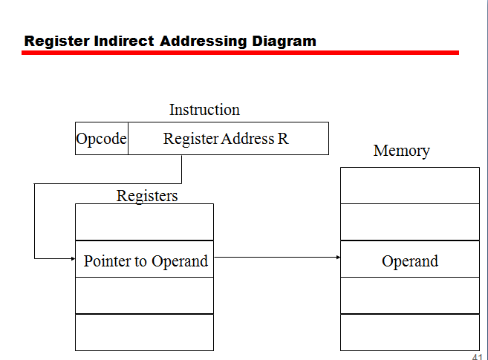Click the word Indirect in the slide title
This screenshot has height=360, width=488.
(x=125, y=41)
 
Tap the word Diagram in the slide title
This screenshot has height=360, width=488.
(x=284, y=41)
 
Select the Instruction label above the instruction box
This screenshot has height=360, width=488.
(x=204, y=110)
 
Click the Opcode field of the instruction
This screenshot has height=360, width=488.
(x=102, y=139)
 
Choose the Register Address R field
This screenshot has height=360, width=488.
(x=227, y=139)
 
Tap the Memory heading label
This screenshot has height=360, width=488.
(x=401, y=151)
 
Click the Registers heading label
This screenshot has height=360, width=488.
(x=147, y=196)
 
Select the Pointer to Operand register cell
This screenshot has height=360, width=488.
(x=145, y=261)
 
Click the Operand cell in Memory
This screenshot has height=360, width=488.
(x=409, y=261)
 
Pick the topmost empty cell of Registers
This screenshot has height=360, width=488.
(x=144, y=222)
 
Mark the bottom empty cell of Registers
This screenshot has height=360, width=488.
(x=144, y=332)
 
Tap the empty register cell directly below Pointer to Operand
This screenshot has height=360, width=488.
(x=144, y=295)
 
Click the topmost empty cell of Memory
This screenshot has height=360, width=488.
(x=409, y=185)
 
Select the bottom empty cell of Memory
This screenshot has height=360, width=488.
(x=409, y=332)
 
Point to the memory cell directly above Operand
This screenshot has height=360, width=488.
(x=409, y=222)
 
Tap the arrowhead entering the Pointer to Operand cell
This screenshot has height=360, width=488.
(x=72, y=258)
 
